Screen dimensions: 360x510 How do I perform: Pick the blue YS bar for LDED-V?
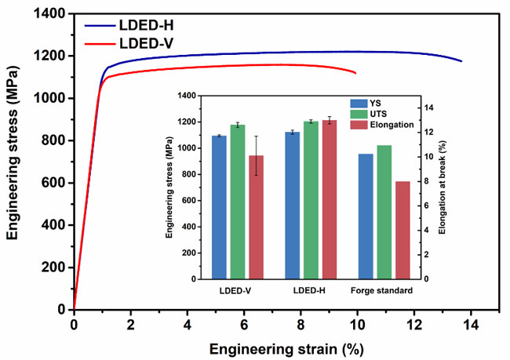click(x=219, y=207)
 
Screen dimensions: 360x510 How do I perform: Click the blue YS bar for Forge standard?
click(x=366, y=216)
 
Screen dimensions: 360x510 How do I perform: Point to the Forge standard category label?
click(x=384, y=291)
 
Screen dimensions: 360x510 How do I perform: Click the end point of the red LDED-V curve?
click(x=356, y=74)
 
